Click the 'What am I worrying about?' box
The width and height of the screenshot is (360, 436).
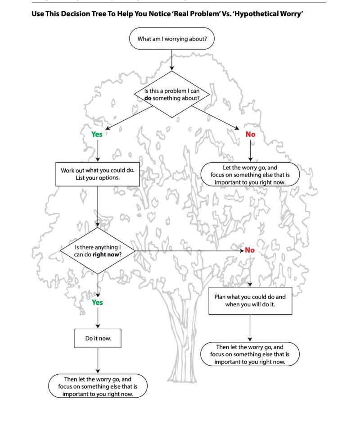pos(172,39)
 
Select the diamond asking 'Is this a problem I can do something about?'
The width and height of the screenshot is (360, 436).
pos(172,94)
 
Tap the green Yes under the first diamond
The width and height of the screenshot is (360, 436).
pos(97,134)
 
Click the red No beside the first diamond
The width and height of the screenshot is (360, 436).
pos(250,134)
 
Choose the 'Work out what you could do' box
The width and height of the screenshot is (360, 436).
pos(98,174)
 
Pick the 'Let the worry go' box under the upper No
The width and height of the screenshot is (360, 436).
pos(250,175)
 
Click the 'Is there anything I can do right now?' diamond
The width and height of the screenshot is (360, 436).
pos(98,250)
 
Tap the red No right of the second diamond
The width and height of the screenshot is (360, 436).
pos(250,250)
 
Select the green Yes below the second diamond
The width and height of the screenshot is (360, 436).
pos(98,302)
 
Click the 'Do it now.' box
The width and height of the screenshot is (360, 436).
pos(98,338)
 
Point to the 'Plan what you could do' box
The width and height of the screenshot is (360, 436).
pos(250,301)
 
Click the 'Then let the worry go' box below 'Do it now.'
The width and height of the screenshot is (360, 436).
pos(98,386)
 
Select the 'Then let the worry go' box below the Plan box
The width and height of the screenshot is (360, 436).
pos(250,354)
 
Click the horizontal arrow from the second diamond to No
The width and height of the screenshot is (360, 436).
pos(189,250)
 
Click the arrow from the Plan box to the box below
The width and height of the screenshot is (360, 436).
pos(250,328)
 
